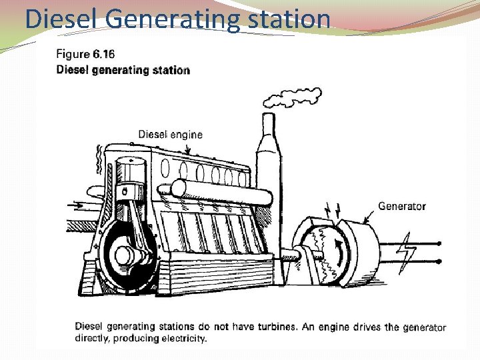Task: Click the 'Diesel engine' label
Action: click(x=170, y=134)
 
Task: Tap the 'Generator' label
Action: click(x=401, y=206)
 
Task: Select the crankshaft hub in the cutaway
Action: click(x=125, y=255)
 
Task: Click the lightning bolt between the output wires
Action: click(x=406, y=253)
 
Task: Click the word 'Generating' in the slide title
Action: click(x=171, y=19)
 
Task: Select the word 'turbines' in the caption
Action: click(x=269, y=327)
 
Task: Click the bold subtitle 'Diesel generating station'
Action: click(x=123, y=70)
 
